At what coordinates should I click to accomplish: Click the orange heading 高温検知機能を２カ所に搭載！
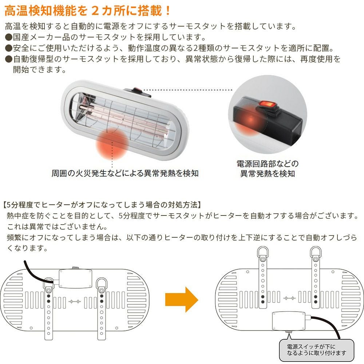click(87, 10)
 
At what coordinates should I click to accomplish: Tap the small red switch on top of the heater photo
click(137, 89)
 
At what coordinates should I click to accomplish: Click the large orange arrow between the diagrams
click(181, 299)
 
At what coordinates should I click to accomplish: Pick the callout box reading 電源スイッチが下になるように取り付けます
click(315, 349)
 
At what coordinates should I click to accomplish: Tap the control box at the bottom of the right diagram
click(288, 321)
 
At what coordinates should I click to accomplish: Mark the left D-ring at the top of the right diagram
click(262, 252)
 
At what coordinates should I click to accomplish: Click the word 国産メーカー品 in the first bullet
click(39, 37)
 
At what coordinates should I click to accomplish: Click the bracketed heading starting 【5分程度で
click(102, 205)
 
